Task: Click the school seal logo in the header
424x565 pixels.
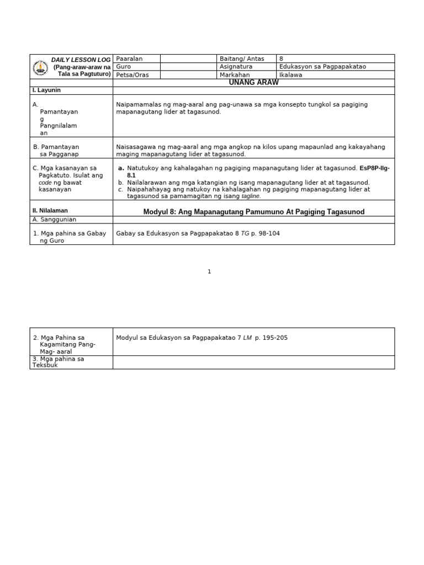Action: [x=39, y=67]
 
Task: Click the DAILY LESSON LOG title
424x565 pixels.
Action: [x=81, y=59]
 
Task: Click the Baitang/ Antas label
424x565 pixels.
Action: [x=242, y=58]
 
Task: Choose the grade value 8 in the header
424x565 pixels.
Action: [x=282, y=58]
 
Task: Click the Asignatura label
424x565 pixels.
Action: [x=236, y=67]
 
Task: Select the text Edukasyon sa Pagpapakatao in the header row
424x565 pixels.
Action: [x=323, y=67]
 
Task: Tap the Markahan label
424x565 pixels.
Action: [x=235, y=75]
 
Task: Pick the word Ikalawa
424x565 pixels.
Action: [x=291, y=75]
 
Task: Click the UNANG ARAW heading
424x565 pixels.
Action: [x=253, y=82]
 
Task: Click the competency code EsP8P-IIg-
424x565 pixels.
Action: [x=374, y=168]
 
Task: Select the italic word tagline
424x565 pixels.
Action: [x=251, y=196]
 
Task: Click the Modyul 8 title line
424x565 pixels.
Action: [x=253, y=212]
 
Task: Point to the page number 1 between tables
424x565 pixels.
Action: [x=210, y=271]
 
